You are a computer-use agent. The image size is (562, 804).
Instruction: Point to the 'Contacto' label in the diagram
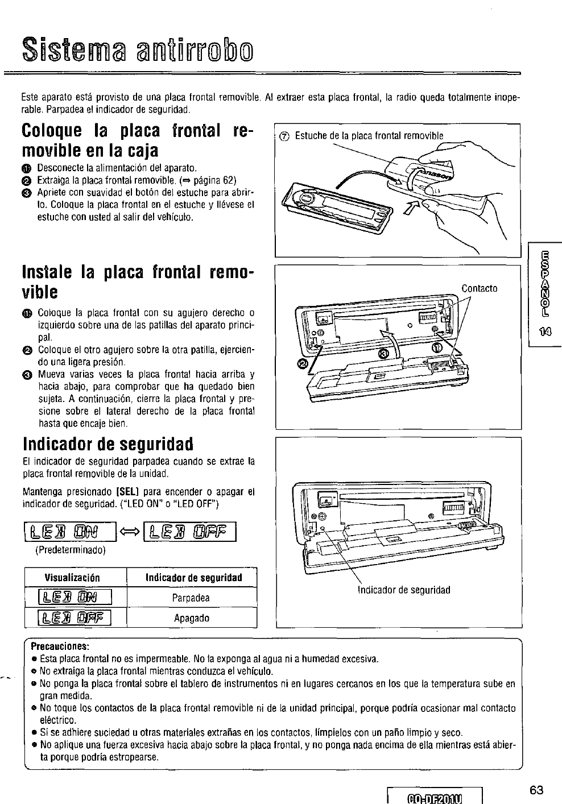pos(480,288)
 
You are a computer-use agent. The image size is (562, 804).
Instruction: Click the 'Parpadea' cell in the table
pos(191,598)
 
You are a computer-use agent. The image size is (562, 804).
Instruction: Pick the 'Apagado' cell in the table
pos(191,617)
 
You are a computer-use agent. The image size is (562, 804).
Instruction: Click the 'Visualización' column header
pos(72,578)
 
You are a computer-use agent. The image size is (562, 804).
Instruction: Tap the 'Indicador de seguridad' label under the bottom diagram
pos(404,590)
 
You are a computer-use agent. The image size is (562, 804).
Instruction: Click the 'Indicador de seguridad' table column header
pos(193,578)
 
